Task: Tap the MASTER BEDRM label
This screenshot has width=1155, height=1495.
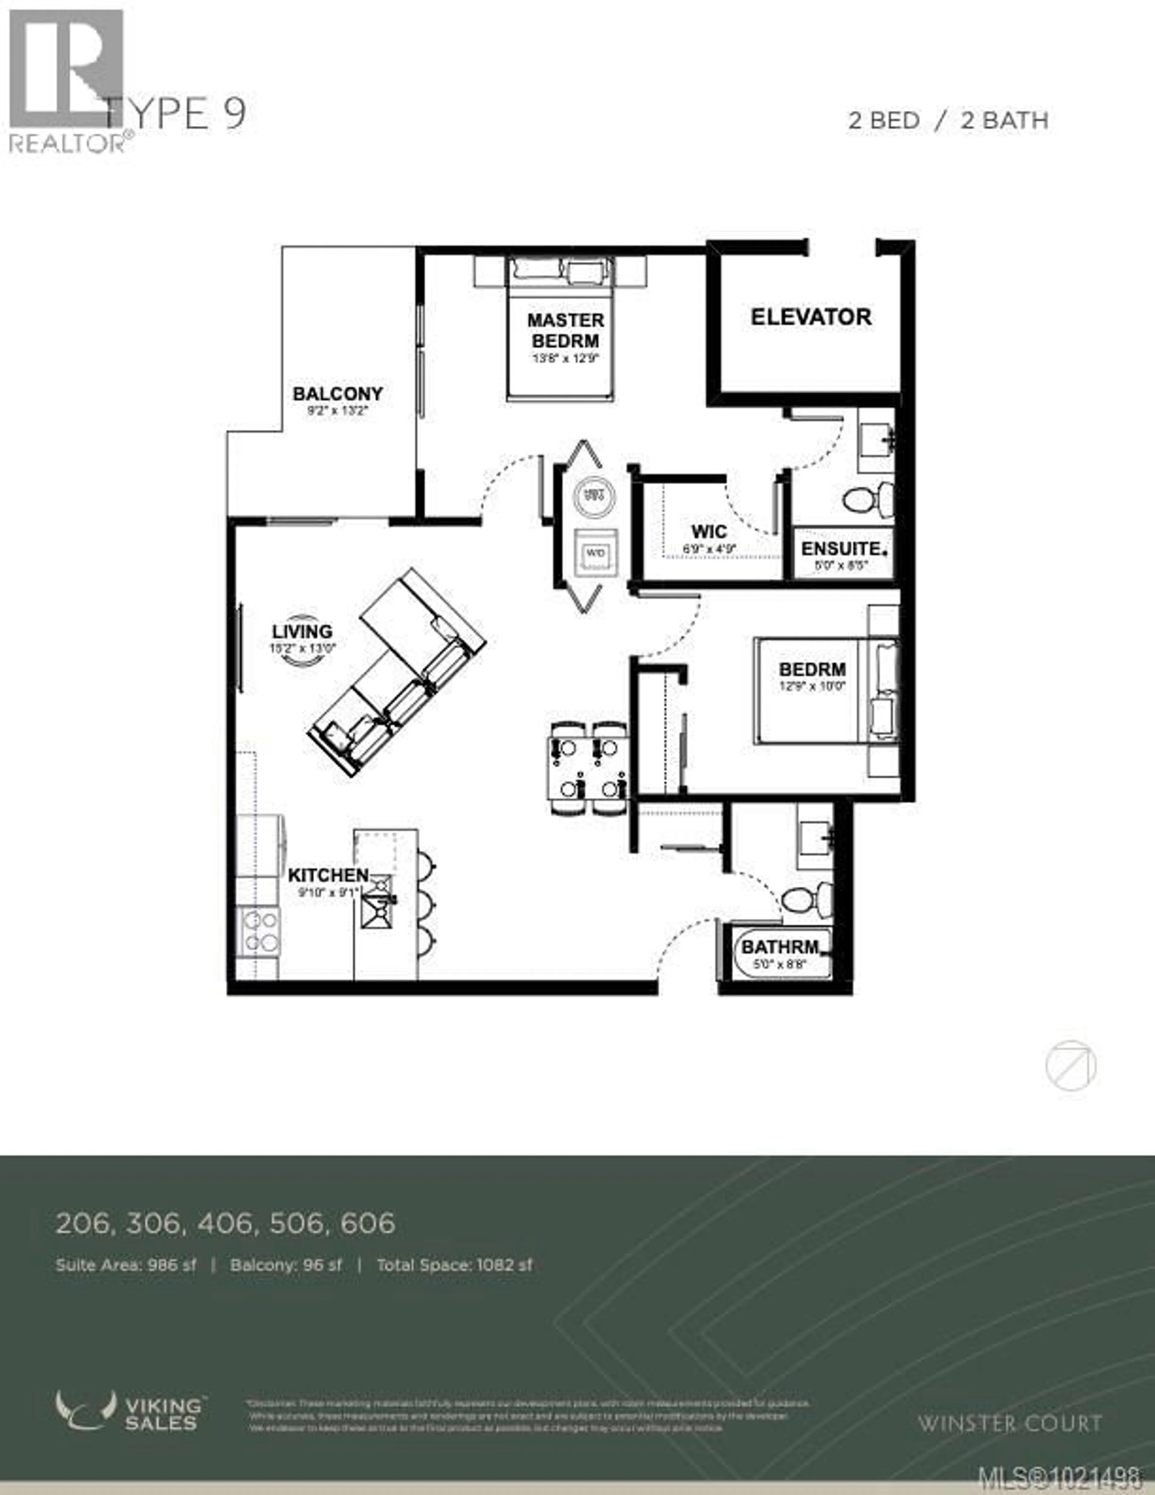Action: (565, 330)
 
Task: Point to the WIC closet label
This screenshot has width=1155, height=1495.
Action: (709, 531)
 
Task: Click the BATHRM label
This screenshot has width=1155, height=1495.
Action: (780, 947)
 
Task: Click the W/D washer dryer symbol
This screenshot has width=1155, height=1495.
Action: (596, 552)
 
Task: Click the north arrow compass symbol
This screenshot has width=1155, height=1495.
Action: (1070, 1066)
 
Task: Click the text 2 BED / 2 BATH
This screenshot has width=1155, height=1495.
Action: (948, 120)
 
